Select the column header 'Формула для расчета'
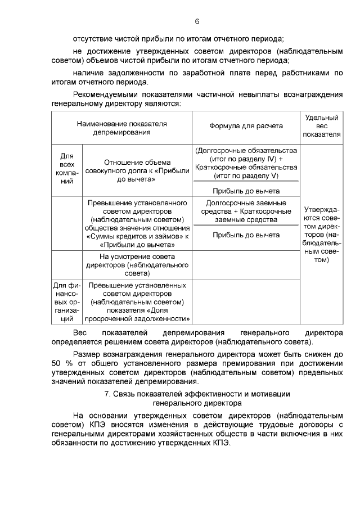(x=246, y=126)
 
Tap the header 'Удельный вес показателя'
(x=321, y=126)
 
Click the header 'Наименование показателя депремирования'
(x=122, y=127)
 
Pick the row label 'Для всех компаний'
(x=67, y=169)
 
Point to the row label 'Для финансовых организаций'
(x=67, y=303)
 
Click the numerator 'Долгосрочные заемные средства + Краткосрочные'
(x=246, y=211)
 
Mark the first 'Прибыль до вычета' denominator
(x=246, y=191)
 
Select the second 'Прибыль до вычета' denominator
(x=246, y=235)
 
